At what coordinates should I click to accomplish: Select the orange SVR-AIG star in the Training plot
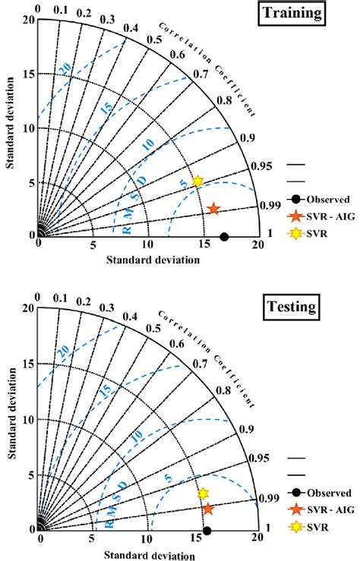[213, 209]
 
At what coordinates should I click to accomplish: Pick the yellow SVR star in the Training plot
[197, 181]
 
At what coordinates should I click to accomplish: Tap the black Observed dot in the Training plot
[223, 237]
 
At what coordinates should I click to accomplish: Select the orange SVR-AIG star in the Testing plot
[208, 509]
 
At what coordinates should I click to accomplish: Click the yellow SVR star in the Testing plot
[203, 493]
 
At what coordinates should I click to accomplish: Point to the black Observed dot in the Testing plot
[207, 531]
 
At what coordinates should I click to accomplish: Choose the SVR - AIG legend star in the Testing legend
[294, 508]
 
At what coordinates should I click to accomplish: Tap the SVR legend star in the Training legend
[294, 233]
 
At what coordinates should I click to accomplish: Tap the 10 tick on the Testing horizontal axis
[149, 539]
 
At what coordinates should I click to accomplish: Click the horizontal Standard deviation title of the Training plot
[153, 260]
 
